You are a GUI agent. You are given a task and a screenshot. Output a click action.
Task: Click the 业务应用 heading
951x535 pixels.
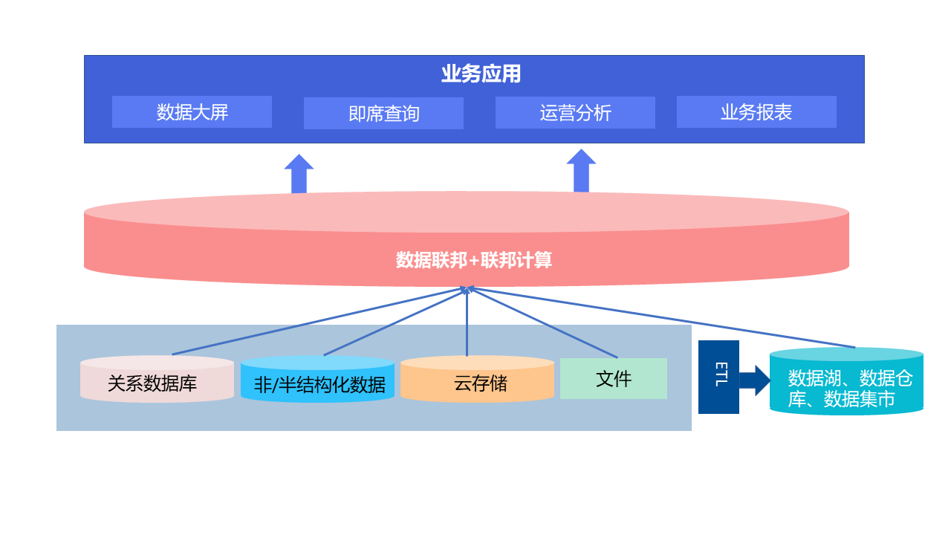tap(481, 74)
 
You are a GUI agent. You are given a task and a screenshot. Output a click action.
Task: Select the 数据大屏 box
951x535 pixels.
tap(192, 112)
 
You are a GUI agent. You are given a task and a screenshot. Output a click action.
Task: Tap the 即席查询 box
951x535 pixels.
tap(383, 113)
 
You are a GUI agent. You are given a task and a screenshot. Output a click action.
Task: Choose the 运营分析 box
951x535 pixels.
tap(575, 113)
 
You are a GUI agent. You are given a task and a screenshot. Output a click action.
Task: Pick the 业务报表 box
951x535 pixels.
tap(756, 112)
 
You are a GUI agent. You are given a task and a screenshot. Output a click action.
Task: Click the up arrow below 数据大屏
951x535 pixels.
tap(299, 175)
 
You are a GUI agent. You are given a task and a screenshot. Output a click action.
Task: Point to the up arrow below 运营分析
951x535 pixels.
tap(581, 172)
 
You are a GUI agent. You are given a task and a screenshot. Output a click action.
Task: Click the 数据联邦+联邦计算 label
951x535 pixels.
tap(473, 260)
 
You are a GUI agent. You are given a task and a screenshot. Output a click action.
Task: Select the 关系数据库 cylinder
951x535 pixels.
tap(157, 380)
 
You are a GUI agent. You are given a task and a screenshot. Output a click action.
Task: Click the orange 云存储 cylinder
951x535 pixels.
tap(477, 380)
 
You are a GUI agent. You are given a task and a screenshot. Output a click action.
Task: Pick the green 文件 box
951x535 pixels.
tap(613, 379)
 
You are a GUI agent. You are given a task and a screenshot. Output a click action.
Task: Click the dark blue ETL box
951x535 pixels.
tap(718, 377)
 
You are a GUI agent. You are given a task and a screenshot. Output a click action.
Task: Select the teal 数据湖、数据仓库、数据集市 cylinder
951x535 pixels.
tap(846, 382)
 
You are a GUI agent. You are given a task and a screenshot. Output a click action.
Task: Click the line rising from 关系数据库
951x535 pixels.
tap(319, 321)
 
